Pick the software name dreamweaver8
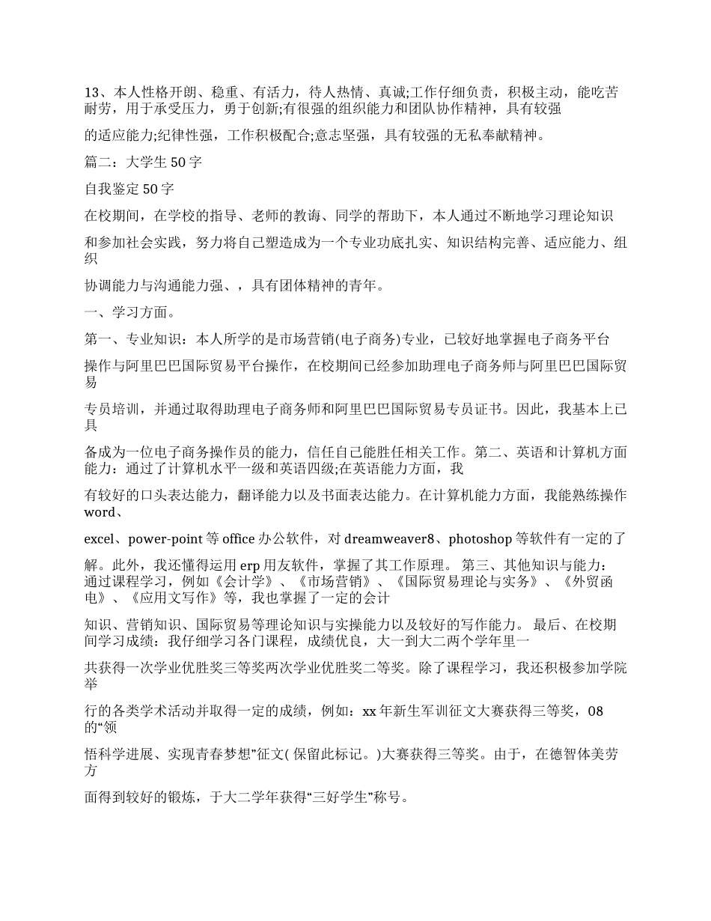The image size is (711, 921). (388, 538)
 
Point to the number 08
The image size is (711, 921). (595, 711)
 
